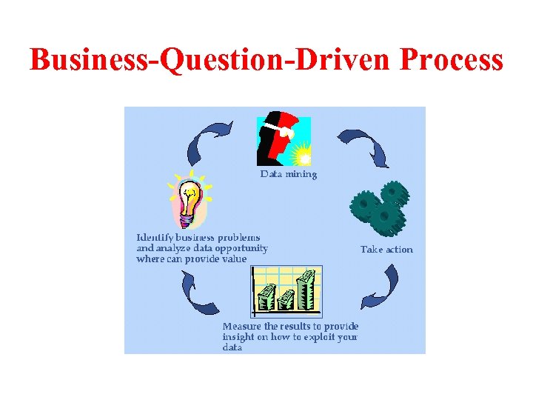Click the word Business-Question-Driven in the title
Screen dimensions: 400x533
coord(209,60)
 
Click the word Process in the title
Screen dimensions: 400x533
coord(451,60)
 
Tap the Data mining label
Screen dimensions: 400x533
coord(288,175)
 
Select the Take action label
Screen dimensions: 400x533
coord(386,250)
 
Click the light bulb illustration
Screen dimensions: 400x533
coord(190,200)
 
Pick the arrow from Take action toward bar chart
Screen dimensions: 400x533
coord(381,289)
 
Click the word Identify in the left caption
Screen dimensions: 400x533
coord(155,237)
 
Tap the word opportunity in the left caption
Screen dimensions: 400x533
coord(240,248)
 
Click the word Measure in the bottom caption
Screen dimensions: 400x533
coord(242,326)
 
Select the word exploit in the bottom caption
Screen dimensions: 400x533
coord(318,336)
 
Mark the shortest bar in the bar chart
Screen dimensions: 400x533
coord(264,301)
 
